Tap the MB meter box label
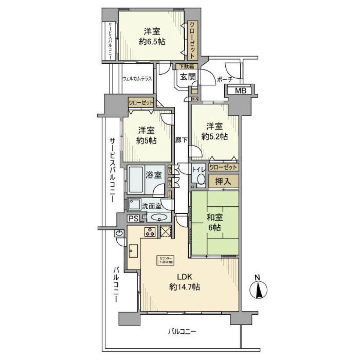click(238, 91)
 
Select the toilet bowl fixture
click(201, 180)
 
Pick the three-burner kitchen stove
click(150, 232)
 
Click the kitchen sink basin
click(133, 250)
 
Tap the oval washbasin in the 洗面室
click(159, 217)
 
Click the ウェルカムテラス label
click(137, 79)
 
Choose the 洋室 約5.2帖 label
click(214, 132)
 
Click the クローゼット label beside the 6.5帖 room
click(192, 39)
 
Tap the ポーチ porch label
click(225, 79)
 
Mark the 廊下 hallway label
click(181, 140)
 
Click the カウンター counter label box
click(165, 260)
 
